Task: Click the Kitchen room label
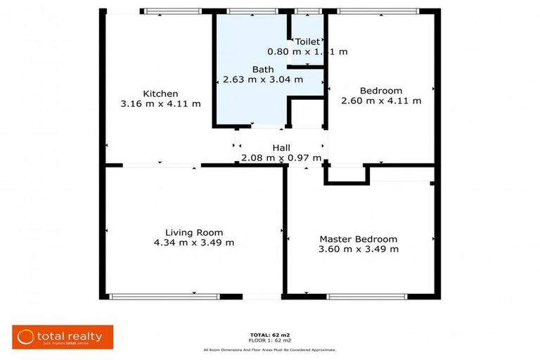pos(160,94)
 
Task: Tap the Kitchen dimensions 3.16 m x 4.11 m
pos(160,104)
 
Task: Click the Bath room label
pos(263,70)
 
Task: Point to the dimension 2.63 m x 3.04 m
pos(263,79)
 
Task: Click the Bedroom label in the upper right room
pos(380,91)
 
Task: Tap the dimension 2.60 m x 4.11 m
pos(380,101)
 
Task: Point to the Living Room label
pos(194,233)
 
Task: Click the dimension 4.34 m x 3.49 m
pos(194,243)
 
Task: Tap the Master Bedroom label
pos(358,239)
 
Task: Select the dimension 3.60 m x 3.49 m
pos(358,249)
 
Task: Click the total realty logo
pos(63,337)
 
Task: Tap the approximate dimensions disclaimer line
pos(269,349)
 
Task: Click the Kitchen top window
pos(171,11)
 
